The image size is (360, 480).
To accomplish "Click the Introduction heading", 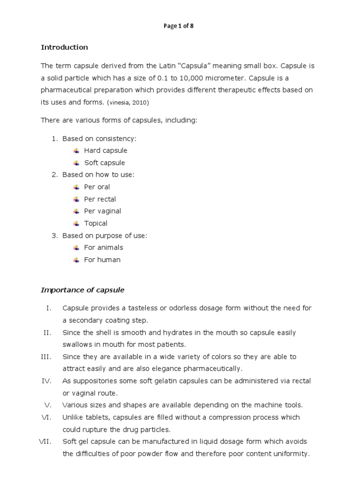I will pyautogui.click(x=64, y=47).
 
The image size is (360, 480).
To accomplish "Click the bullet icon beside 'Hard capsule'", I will pyautogui.click(x=76, y=150).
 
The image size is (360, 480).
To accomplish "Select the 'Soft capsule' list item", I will pyautogui.click(x=105, y=163).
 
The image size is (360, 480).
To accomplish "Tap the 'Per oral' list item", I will pyautogui.click(x=97, y=187).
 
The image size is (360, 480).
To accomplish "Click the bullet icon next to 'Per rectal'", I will pyautogui.click(x=76, y=199).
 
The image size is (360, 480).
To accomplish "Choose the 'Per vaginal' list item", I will pyautogui.click(x=103, y=211).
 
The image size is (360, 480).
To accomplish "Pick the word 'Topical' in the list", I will pyautogui.click(x=96, y=223).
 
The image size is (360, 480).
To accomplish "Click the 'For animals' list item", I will pyautogui.click(x=104, y=247).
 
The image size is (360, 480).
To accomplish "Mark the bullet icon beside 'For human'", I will pyautogui.click(x=76, y=260).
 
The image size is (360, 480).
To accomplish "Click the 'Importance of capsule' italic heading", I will pyautogui.click(x=82, y=290).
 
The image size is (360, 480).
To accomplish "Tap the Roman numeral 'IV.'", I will pyautogui.click(x=46, y=381).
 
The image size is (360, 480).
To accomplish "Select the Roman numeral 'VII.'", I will pyautogui.click(x=45, y=442).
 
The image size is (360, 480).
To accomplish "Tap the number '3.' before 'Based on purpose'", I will pyautogui.click(x=54, y=235).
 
